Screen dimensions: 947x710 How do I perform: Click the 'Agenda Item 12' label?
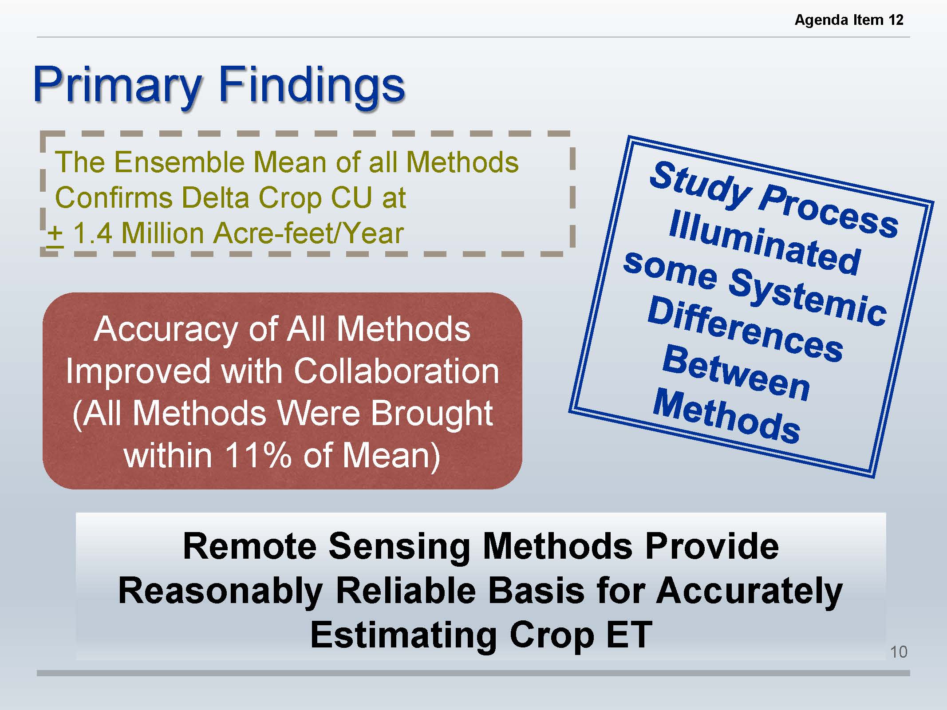point(849,20)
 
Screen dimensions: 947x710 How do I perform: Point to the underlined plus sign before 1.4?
point(55,234)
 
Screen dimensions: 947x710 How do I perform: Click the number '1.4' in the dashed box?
point(92,233)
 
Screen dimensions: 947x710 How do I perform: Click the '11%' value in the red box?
point(258,455)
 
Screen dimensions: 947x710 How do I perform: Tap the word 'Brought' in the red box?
point(431,414)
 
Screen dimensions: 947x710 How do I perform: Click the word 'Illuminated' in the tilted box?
point(765,242)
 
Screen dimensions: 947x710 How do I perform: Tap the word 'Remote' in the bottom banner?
point(250,546)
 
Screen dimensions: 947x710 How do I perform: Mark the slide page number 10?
point(899,652)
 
